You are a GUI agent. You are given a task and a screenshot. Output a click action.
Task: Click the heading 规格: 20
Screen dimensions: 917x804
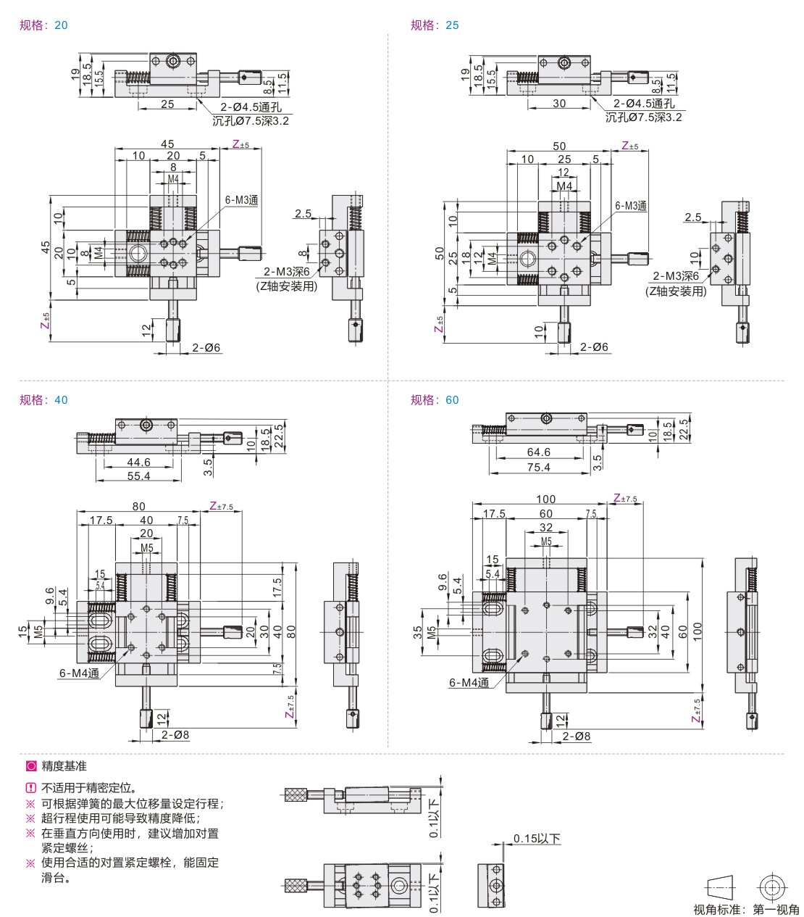(43, 25)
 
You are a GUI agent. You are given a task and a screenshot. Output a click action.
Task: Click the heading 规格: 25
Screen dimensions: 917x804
(435, 25)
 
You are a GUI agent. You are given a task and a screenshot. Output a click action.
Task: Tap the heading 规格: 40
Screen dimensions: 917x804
(43, 400)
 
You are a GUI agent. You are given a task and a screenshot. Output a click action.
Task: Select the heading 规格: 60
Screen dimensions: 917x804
(435, 400)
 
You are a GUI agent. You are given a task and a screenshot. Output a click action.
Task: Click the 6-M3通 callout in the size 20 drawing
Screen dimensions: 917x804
(241, 200)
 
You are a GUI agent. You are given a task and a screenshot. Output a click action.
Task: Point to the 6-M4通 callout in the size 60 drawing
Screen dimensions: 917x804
(469, 682)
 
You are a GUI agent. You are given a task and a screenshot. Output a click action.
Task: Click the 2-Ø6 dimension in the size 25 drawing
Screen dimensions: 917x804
(594, 347)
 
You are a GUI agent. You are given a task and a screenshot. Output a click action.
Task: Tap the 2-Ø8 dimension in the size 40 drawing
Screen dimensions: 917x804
(175, 735)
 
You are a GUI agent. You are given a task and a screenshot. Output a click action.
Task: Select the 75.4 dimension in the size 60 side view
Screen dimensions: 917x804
(538, 468)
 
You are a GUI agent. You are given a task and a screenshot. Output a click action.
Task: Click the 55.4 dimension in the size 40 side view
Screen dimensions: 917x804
(138, 476)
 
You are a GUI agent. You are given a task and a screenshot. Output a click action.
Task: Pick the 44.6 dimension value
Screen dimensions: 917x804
(138, 462)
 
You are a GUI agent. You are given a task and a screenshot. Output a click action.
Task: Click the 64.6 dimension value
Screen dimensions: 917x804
(538, 452)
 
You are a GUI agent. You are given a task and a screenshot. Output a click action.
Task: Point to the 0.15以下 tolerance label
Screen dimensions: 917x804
(537, 839)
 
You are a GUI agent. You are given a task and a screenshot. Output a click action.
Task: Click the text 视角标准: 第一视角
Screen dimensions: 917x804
(745, 909)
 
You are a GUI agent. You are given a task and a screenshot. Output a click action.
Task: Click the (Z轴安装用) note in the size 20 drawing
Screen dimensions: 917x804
(287, 286)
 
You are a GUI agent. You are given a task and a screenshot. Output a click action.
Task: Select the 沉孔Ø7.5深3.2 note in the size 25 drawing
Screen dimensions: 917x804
(643, 117)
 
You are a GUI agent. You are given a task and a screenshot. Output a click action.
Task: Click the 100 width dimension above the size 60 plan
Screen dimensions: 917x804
(545, 499)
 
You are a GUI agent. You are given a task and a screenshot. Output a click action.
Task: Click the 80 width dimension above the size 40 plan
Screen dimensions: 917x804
(138, 507)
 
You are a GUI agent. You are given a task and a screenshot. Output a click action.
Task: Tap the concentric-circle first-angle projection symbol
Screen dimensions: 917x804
(771, 887)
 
